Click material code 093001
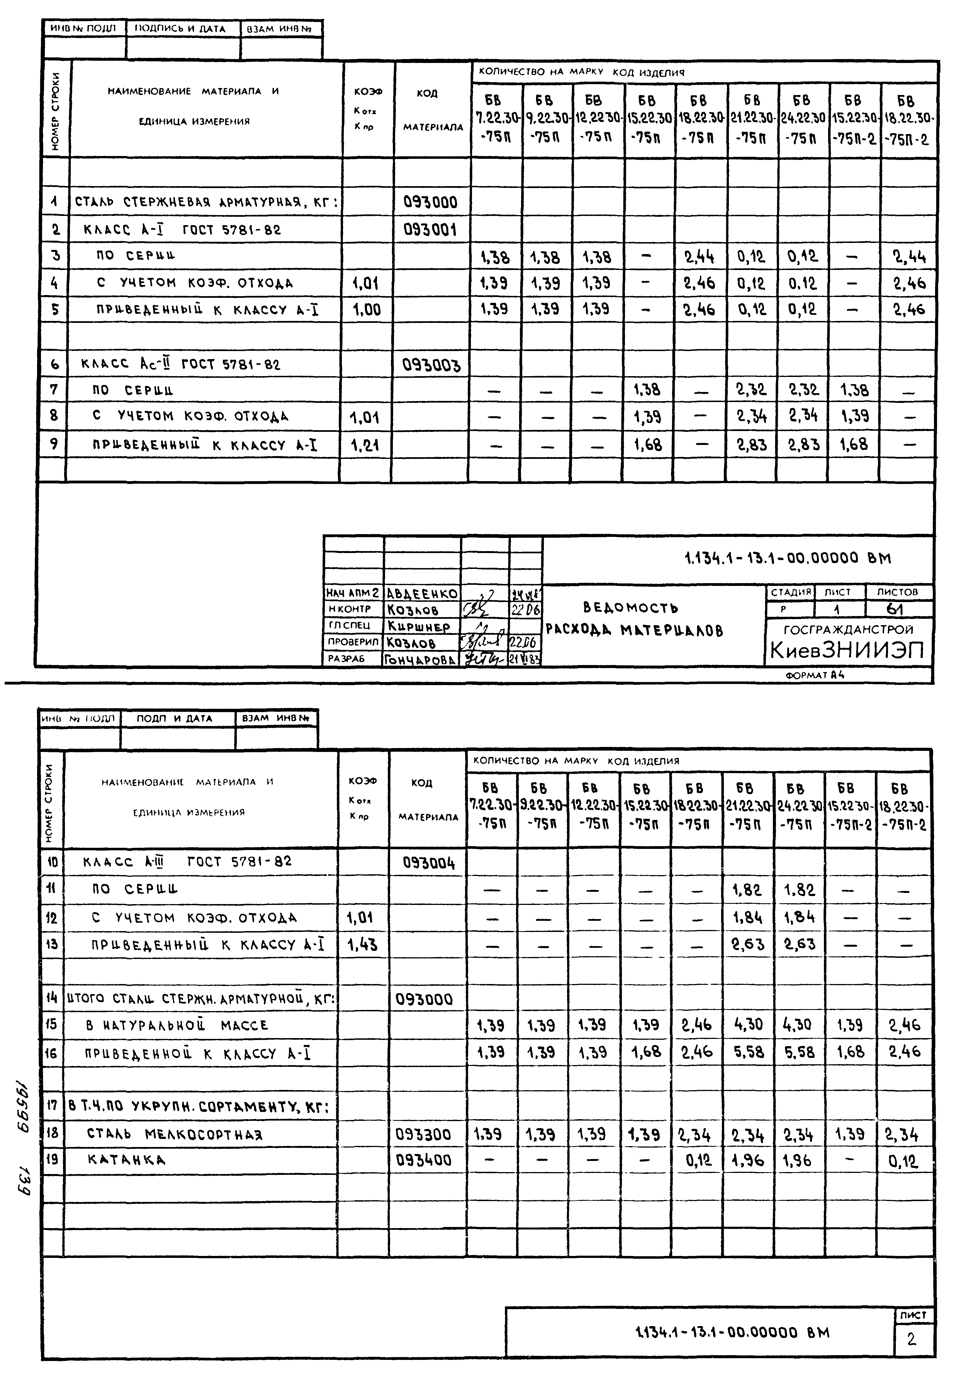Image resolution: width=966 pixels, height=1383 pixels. pos(430,230)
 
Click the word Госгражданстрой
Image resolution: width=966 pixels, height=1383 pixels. pos(848,629)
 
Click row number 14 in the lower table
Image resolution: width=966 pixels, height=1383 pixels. pos(52,999)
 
